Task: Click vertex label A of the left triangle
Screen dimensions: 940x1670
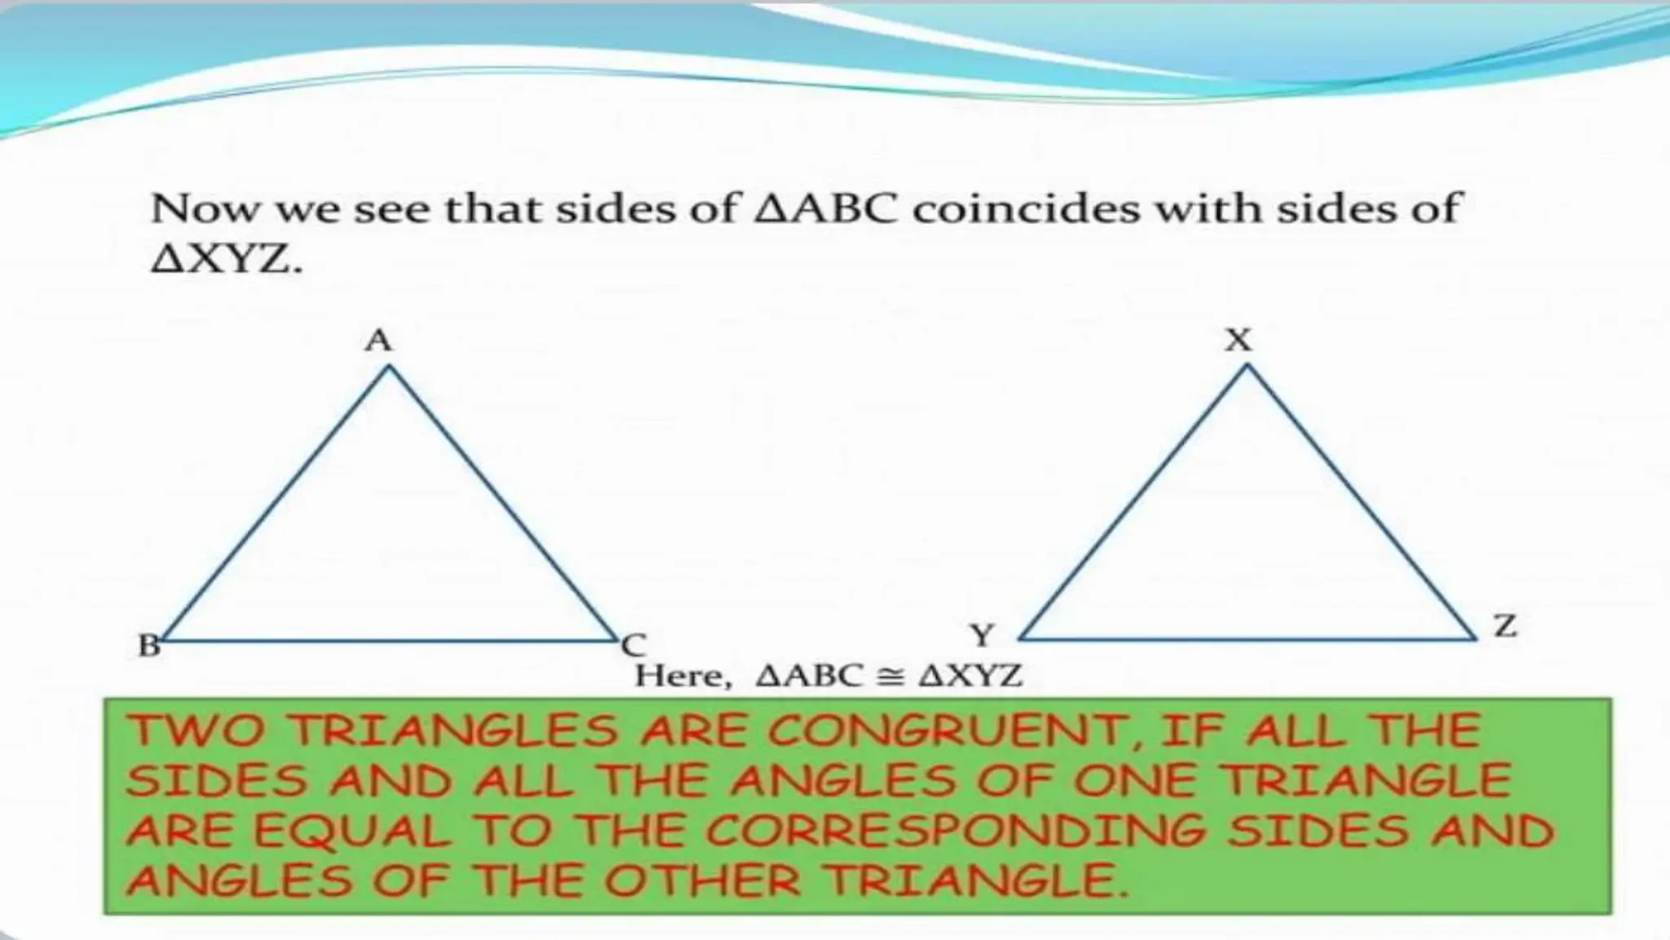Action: [378, 340]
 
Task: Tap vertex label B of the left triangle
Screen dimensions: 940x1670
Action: [149, 646]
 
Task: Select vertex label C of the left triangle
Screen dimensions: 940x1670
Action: [634, 646]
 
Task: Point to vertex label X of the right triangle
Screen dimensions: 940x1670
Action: [1239, 339]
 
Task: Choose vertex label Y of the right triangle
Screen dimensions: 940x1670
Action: [983, 635]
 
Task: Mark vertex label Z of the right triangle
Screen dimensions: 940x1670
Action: [1504, 627]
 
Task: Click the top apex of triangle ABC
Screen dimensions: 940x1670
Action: [390, 367]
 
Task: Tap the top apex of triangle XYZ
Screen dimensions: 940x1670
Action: [1247, 366]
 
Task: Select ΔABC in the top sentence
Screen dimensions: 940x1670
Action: [826, 209]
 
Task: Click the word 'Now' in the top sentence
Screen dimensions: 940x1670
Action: [205, 209]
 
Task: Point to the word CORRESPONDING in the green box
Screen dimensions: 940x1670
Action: [955, 831]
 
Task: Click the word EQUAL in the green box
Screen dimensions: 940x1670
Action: [351, 831]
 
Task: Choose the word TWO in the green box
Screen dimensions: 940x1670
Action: [198, 729]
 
